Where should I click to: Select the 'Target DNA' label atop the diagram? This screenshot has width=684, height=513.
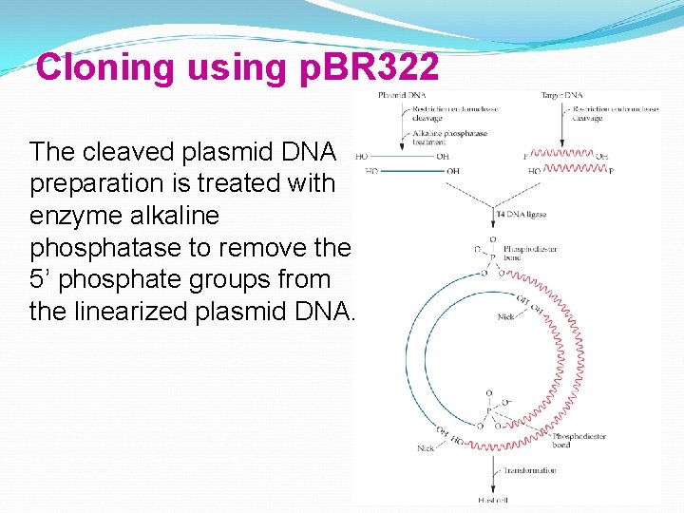[560, 96]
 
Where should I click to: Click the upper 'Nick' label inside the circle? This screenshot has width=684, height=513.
[505, 317]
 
